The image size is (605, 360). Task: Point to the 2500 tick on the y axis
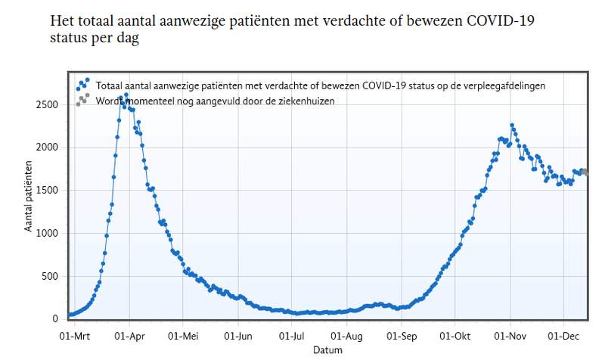tap(48, 104)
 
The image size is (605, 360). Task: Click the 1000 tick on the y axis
tap(48, 233)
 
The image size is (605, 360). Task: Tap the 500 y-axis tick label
tap(51, 276)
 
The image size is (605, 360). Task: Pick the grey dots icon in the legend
tap(82, 99)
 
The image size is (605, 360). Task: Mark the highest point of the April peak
tap(126, 95)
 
